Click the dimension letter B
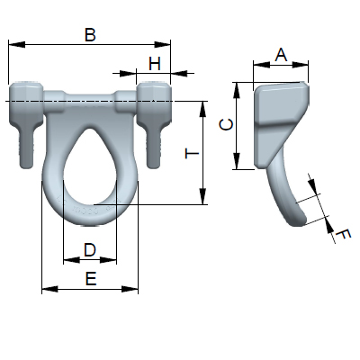point(89,34)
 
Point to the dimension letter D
point(89,248)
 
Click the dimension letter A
point(280,54)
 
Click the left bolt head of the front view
point(27,94)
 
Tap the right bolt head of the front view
point(154,94)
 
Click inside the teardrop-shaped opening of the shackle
point(90,171)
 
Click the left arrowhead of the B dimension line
point(13,43)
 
